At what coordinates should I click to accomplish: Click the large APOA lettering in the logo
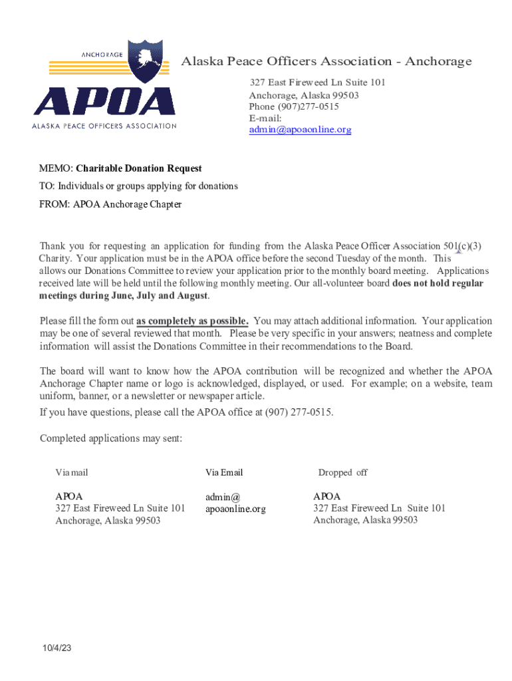[x=104, y=101]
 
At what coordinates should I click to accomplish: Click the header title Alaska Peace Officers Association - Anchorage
[x=326, y=62]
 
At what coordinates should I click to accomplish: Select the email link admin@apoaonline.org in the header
[x=300, y=130]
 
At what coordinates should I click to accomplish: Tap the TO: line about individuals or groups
[x=138, y=186]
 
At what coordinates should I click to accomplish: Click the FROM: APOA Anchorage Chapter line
[x=110, y=204]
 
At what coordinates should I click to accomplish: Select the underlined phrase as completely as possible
[x=192, y=321]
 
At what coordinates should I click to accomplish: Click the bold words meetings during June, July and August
[x=124, y=295]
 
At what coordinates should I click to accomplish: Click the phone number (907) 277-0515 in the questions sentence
[x=299, y=412]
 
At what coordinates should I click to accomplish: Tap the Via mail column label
[x=72, y=473]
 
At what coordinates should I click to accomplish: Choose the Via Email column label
[x=224, y=473]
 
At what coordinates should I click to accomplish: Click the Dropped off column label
[x=342, y=473]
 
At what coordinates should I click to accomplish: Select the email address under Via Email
[x=235, y=503]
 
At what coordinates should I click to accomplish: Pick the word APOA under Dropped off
[x=326, y=497]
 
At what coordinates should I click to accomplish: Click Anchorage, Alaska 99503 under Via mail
[x=108, y=521]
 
